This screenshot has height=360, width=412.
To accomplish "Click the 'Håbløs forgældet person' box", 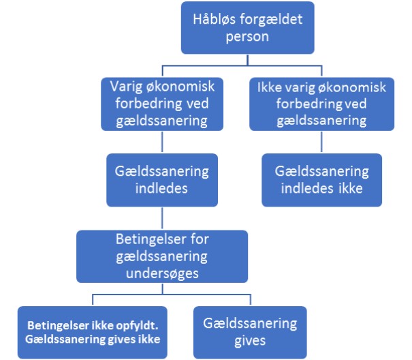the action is (247, 28).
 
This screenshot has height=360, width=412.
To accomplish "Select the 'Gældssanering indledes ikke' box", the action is (321, 180).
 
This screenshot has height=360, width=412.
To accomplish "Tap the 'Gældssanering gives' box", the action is (250, 332).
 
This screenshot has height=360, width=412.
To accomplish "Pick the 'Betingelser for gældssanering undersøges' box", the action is (162, 256).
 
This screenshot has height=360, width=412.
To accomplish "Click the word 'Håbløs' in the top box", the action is (214, 19).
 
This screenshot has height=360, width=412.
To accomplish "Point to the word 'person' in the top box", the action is (247, 37).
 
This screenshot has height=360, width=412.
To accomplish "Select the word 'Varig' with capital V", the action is (126, 87).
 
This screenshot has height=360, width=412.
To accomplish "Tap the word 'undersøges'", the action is (162, 273).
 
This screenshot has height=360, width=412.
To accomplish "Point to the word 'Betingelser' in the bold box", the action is (58, 325).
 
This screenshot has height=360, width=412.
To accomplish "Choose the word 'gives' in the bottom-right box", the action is (250, 341).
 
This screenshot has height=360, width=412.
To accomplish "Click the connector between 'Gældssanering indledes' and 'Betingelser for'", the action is (162, 218).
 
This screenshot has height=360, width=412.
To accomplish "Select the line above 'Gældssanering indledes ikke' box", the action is (321, 142).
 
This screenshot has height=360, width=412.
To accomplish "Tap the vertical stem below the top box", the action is (247, 60).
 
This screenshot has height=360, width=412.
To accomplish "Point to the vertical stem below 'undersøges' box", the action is (162, 288).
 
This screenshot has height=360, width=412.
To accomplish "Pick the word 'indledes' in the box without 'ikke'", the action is (161, 188).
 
